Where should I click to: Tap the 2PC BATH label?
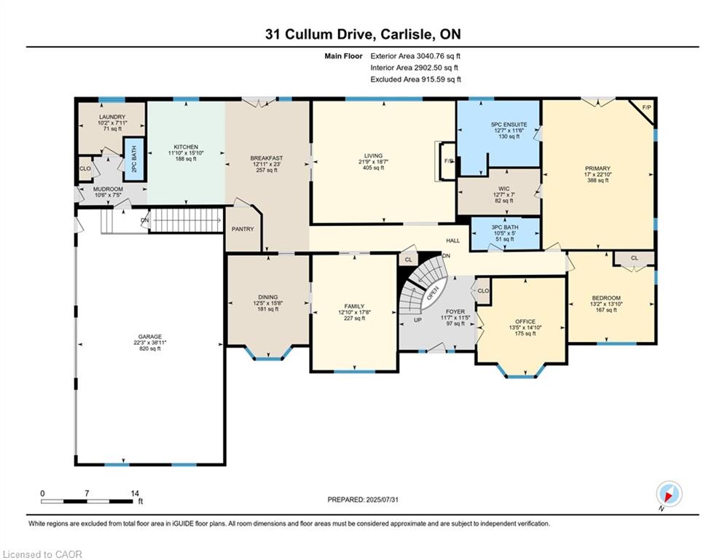[x=133, y=159]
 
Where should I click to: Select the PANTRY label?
[x=243, y=229]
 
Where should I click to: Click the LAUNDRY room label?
[x=112, y=117]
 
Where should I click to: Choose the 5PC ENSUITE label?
[x=499, y=125]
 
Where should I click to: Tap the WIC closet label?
[x=498, y=187]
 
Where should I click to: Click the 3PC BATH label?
[x=503, y=226]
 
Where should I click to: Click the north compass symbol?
[x=669, y=494]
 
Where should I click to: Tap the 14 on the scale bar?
[x=133, y=494]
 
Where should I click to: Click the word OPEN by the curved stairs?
[x=432, y=293]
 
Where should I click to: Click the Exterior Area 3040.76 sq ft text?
[x=415, y=55]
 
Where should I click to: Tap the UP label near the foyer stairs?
[x=418, y=319]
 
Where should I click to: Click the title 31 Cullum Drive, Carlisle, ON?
[x=362, y=34]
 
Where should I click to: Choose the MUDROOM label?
[x=108, y=189]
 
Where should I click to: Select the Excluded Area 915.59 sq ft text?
[x=415, y=79]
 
